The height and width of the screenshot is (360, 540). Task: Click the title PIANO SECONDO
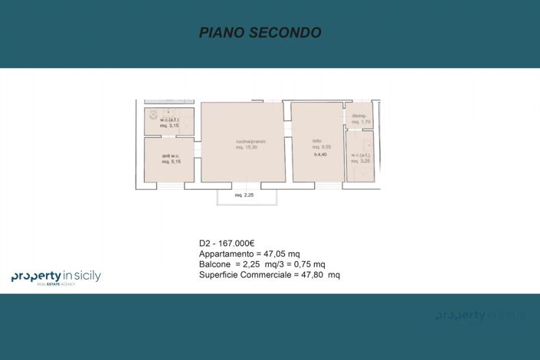click(x=260, y=32)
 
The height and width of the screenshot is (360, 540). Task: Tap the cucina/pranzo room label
click(x=246, y=142)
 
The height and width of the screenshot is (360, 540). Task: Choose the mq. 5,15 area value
click(x=169, y=162)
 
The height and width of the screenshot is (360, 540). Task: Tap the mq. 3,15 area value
click(x=169, y=126)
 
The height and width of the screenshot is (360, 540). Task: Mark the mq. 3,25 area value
click(x=360, y=162)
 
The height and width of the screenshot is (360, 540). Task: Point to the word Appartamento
click(x=225, y=254)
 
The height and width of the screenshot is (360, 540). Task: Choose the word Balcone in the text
click(x=215, y=264)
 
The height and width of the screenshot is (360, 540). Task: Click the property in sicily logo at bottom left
click(x=56, y=277)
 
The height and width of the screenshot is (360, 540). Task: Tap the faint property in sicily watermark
click(x=480, y=315)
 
